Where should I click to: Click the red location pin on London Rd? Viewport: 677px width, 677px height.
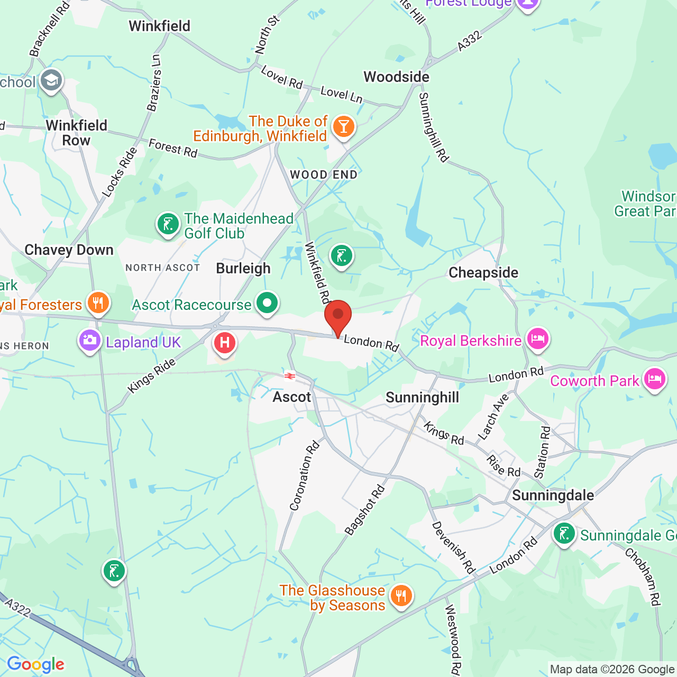(337, 316)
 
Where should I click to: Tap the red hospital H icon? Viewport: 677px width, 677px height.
(224, 343)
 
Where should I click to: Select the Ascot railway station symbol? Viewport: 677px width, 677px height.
(289, 376)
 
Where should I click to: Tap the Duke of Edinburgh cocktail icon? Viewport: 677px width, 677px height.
(343, 127)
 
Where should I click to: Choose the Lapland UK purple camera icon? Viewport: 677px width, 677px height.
(89, 341)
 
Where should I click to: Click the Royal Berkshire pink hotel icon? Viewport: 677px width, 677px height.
(537, 338)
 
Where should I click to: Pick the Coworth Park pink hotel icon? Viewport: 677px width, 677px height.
(654, 379)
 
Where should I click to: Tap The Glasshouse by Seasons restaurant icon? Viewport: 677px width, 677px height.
(401, 596)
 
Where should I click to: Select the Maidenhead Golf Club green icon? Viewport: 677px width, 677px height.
(168, 224)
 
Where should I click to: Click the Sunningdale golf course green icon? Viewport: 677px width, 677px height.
(564, 534)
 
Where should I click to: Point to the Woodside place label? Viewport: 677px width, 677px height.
(396, 77)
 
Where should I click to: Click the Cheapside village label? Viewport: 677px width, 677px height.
(483, 273)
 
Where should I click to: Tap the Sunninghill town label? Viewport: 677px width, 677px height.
(422, 398)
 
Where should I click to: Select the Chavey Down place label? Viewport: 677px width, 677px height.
(69, 250)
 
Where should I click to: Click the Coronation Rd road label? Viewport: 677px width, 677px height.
(305, 476)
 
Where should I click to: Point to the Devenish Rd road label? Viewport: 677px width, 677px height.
(453, 547)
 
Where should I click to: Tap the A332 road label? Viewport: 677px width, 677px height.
(469, 41)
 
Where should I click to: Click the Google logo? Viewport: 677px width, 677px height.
(35, 664)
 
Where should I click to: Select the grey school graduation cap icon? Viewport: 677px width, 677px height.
(51, 81)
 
